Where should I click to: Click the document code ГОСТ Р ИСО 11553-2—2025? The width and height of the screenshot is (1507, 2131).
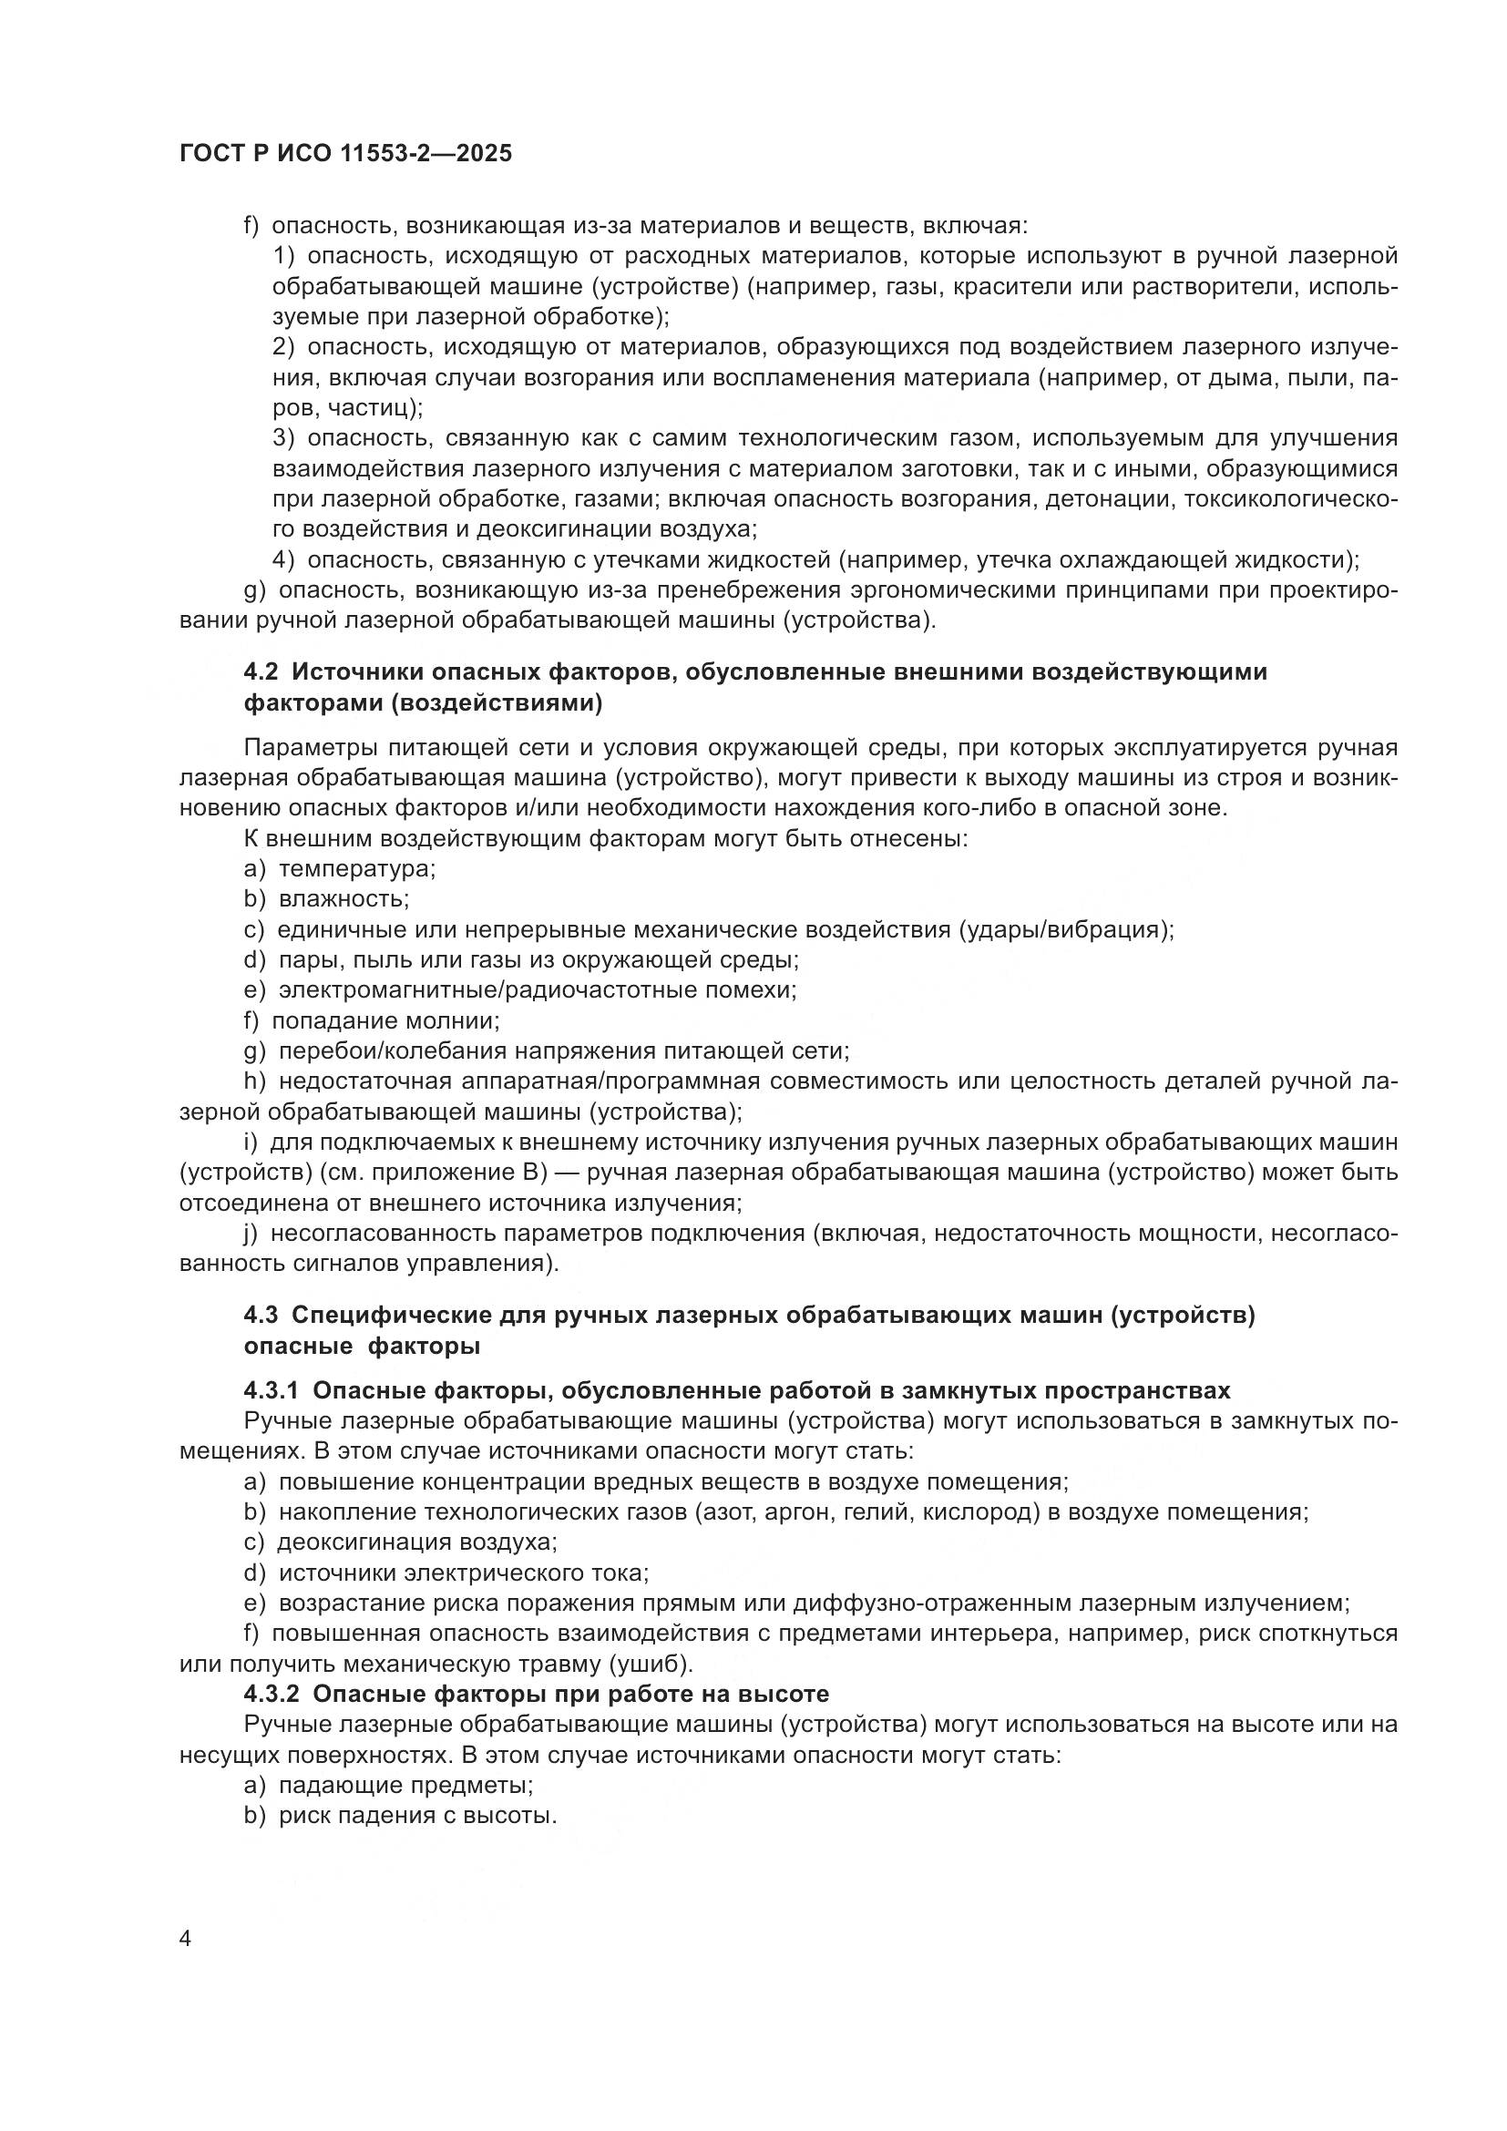(x=345, y=154)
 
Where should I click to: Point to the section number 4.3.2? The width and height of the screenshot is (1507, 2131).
(x=271, y=1694)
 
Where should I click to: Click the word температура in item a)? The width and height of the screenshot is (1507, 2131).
(x=356, y=870)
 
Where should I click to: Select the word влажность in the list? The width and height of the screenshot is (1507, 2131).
(x=343, y=899)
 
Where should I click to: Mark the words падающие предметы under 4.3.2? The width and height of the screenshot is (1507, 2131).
(x=405, y=1786)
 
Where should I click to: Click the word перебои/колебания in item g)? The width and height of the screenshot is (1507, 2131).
(x=391, y=1050)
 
